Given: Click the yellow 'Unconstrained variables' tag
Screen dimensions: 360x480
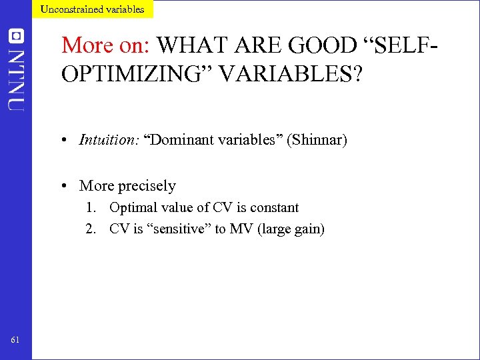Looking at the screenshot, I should coord(92,9).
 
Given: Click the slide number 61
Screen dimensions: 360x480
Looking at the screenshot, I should coord(15,341).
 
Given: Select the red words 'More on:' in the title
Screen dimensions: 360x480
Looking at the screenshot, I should coord(106,45).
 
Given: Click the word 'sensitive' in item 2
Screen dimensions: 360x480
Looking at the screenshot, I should coord(177,229).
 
